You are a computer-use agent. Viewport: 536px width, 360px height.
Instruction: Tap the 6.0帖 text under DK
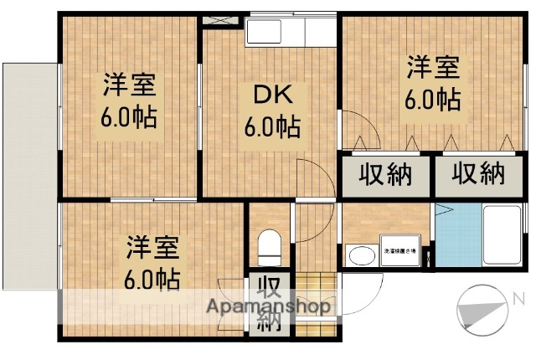[273, 128]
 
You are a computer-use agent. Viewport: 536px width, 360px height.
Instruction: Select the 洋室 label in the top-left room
[130, 85]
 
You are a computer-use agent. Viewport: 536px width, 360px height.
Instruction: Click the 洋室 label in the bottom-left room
[153, 248]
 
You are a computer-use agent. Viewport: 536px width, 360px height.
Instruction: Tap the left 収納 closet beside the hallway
[386, 174]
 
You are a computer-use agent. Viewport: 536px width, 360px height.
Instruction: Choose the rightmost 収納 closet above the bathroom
[480, 174]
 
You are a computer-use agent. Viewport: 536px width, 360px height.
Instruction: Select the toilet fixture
[269, 245]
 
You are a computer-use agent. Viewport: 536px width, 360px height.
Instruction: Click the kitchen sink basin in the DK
[266, 34]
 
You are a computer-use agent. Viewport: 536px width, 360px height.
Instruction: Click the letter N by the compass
[518, 298]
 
